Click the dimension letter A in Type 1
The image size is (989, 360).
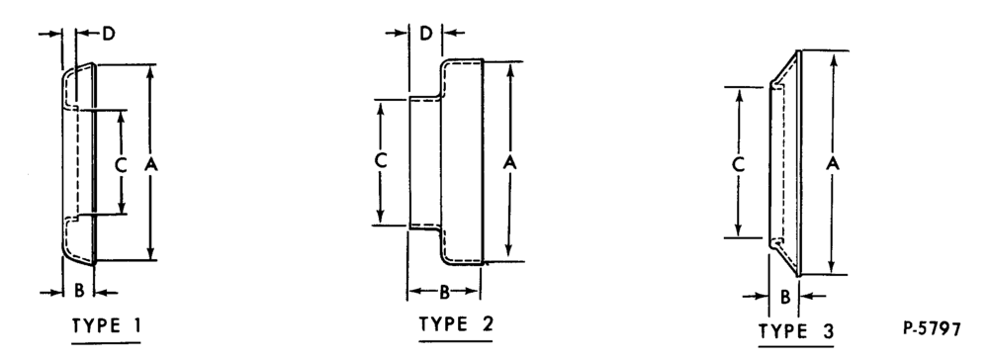[x=150, y=164]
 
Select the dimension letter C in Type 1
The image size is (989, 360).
[x=121, y=165]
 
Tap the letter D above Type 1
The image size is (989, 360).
[x=109, y=34]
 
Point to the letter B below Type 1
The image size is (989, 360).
[x=79, y=291]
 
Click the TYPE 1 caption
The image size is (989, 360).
[x=107, y=325]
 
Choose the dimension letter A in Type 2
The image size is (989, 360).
[x=510, y=162]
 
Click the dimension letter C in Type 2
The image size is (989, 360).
[x=381, y=161]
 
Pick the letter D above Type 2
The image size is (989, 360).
[x=426, y=34]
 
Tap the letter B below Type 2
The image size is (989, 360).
[x=444, y=292]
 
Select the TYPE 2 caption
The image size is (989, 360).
[x=457, y=324]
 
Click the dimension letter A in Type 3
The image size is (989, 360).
[x=833, y=163]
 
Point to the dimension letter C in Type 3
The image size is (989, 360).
[x=739, y=164]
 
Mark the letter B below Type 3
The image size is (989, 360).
[x=784, y=297]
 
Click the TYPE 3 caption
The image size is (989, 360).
[x=796, y=331]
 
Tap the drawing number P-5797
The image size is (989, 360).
[x=933, y=328]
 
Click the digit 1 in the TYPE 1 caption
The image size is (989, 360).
[x=136, y=325]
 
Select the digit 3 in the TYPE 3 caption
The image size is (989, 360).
[x=828, y=331]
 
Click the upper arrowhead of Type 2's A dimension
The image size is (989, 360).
[x=510, y=68]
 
